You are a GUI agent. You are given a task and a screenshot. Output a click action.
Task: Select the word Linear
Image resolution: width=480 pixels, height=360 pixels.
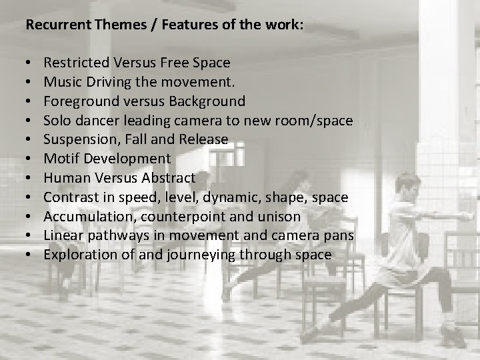(x=61, y=235)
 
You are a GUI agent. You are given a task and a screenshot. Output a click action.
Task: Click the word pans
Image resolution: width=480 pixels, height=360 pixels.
(x=340, y=236)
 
